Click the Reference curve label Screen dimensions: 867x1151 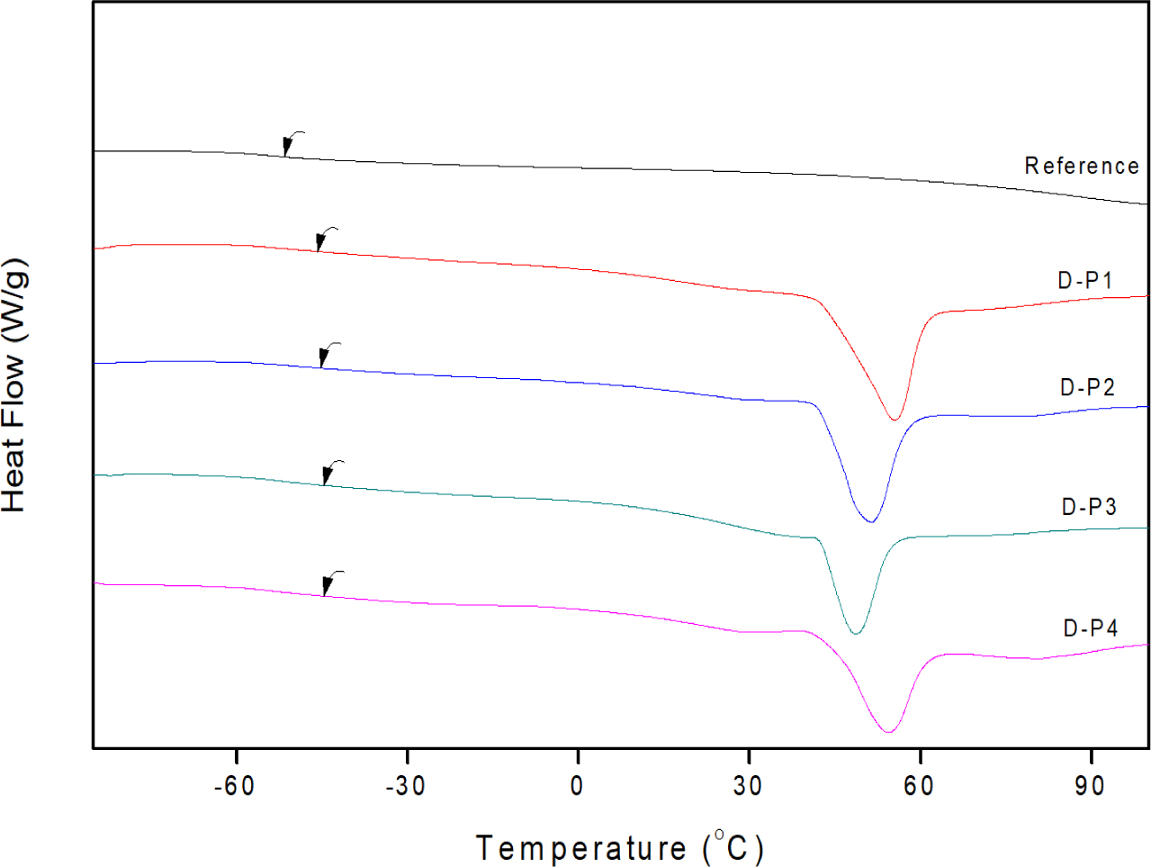click(x=1082, y=166)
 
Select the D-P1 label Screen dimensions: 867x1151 click(x=1085, y=280)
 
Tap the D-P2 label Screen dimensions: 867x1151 click(x=1087, y=387)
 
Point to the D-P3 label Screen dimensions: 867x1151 click(x=1089, y=507)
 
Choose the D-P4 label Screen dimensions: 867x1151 click(x=1091, y=628)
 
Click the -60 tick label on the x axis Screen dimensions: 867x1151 click(x=234, y=786)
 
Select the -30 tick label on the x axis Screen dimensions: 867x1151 click(x=405, y=786)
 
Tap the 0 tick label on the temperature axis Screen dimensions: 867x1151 click(x=577, y=786)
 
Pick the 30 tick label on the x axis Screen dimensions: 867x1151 click(x=748, y=786)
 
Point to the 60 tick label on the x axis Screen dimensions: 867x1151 click(x=919, y=786)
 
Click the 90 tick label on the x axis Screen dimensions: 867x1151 click(x=1090, y=786)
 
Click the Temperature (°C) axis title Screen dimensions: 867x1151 click(x=620, y=848)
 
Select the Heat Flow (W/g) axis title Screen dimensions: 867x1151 click(x=14, y=386)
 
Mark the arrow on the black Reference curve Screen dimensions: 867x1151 click(x=291, y=143)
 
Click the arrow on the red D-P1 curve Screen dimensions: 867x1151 click(x=324, y=239)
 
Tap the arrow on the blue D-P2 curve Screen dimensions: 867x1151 click(x=328, y=354)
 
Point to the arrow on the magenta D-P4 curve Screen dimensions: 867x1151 click(x=330, y=582)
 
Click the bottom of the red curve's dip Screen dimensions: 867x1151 click(x=895, y=420)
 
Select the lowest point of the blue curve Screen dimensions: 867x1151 click(x=870, y=521)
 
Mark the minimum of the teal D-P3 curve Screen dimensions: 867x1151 click(x=856, y=633)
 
